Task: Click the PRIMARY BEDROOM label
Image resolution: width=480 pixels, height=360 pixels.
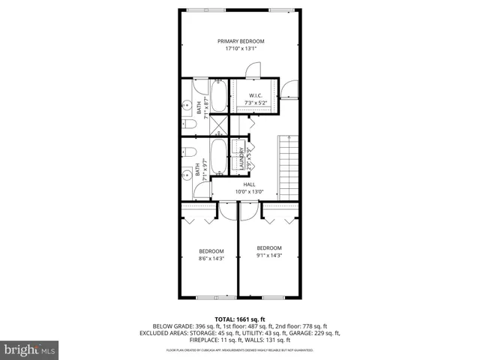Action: [241, 40]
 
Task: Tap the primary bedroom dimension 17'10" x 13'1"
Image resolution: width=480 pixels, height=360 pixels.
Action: [241, 49]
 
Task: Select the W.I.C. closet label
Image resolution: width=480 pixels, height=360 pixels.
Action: [254, 94]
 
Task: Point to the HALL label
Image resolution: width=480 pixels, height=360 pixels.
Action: [249, 184]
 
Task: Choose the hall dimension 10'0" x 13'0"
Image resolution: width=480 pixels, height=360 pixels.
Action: [249, 191]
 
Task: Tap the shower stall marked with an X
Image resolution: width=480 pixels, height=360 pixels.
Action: [218, 125]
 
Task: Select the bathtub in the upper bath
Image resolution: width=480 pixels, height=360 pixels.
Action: [218, 97]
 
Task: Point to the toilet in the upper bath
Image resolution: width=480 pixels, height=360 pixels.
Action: [190, 124]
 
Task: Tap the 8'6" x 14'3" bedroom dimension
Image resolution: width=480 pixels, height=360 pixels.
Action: [211, 259]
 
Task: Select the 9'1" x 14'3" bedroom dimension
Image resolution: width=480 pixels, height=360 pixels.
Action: [269, 256]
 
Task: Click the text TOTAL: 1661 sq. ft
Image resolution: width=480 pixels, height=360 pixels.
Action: [240, 319]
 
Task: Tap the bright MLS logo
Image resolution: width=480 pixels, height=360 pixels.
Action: [30, 349]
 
